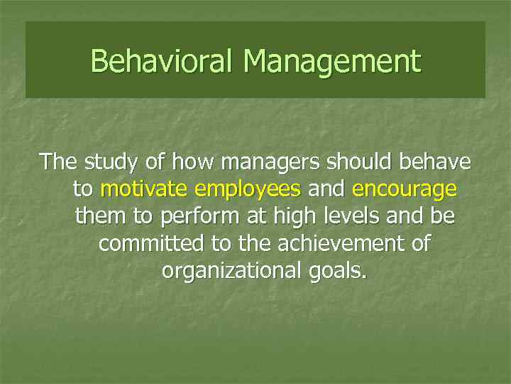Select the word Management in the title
coord(331,61)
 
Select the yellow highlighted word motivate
coord(144,189)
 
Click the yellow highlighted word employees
coord(248,190)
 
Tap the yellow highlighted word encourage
coord(404,190)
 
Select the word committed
coord(151,243)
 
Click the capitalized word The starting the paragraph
coord(60,162)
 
